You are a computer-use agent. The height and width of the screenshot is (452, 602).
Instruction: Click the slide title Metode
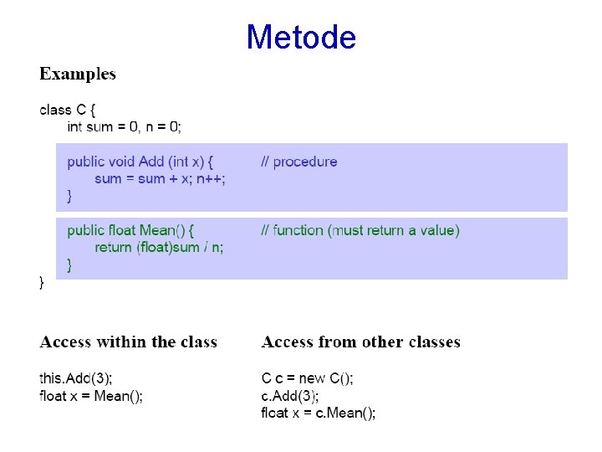pyautogui.click(x=301, y=37)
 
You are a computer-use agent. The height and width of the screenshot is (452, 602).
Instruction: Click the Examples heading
pyautogui.click(x=78, y=74)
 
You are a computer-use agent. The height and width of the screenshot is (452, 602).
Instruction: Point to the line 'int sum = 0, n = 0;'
pyautogui.click(x=124, y=126)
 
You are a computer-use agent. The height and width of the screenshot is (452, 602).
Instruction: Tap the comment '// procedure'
pyautogui.click(x=298, y=162)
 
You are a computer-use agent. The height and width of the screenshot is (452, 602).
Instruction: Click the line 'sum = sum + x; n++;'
pyautogui.click(x=160, y=178)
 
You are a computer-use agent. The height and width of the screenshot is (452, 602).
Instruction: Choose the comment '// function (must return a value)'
pyautogui.click(x=360, y=230)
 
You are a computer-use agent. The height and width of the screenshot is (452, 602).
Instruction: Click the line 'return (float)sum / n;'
pyautogui.click(x=159, y=247)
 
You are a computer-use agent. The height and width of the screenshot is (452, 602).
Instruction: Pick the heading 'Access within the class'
pyautogui.click(x=128, y=342)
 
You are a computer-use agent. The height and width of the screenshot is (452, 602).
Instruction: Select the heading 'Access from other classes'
pyautogui.click(x=360, y=342)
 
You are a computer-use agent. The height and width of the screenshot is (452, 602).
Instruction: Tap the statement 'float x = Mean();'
pyautogui.click(x=91, y=396)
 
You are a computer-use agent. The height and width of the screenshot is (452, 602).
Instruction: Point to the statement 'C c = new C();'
pyautogui.click(x=307, y=378)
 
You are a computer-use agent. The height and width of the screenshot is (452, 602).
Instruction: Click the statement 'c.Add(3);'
pyautogui.click(x=289, y=396)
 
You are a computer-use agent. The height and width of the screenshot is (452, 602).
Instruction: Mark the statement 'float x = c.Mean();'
pyautogui.click(x=318, y=413)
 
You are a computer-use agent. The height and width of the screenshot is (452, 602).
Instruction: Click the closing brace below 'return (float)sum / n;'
pyautogui.click(x=69, y=265)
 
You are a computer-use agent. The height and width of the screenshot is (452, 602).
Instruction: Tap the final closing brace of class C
pyautogui.click(x=43, y=283)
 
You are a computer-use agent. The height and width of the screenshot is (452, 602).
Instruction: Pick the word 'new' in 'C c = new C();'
pyautogui.click(x=313, y=378)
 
